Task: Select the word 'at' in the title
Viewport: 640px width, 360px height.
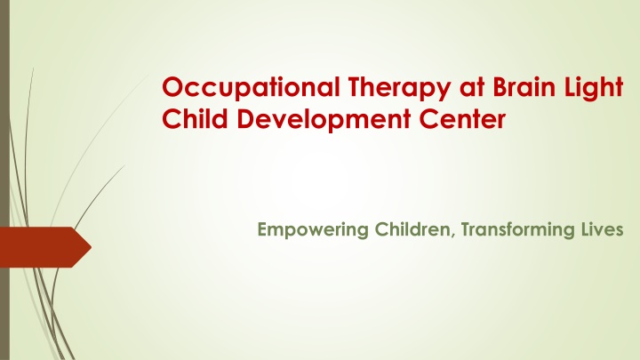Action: click(471, 88)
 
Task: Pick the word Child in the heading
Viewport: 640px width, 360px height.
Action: click(195, 118)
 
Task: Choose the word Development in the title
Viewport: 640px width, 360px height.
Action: click(324, 120)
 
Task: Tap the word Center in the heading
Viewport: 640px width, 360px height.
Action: click(462, 119)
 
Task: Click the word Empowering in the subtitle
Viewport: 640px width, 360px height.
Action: click(313, 230)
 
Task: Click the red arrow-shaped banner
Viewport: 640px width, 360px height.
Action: click(45, 247)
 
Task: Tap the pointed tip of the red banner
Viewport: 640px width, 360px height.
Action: click(91, 247)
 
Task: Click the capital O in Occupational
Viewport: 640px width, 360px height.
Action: click(173, 86)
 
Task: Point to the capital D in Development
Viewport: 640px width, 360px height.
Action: click(245, 119)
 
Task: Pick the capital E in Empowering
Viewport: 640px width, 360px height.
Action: click(262, 229)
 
